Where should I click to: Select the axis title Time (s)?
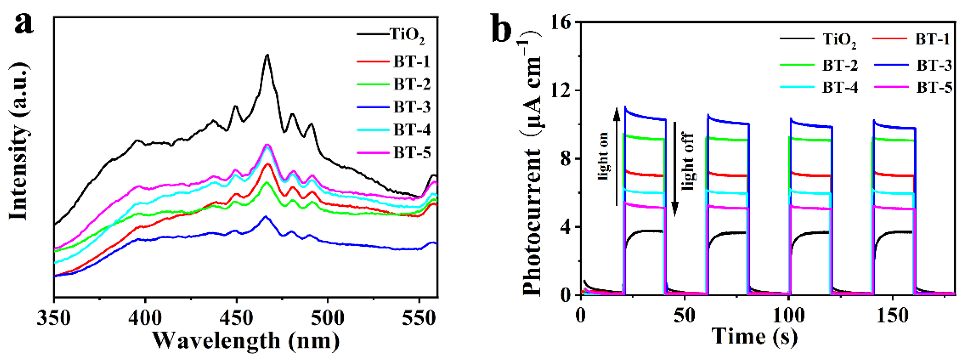click(x=754, y=336)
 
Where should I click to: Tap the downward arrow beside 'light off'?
click(x=674, y=169)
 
